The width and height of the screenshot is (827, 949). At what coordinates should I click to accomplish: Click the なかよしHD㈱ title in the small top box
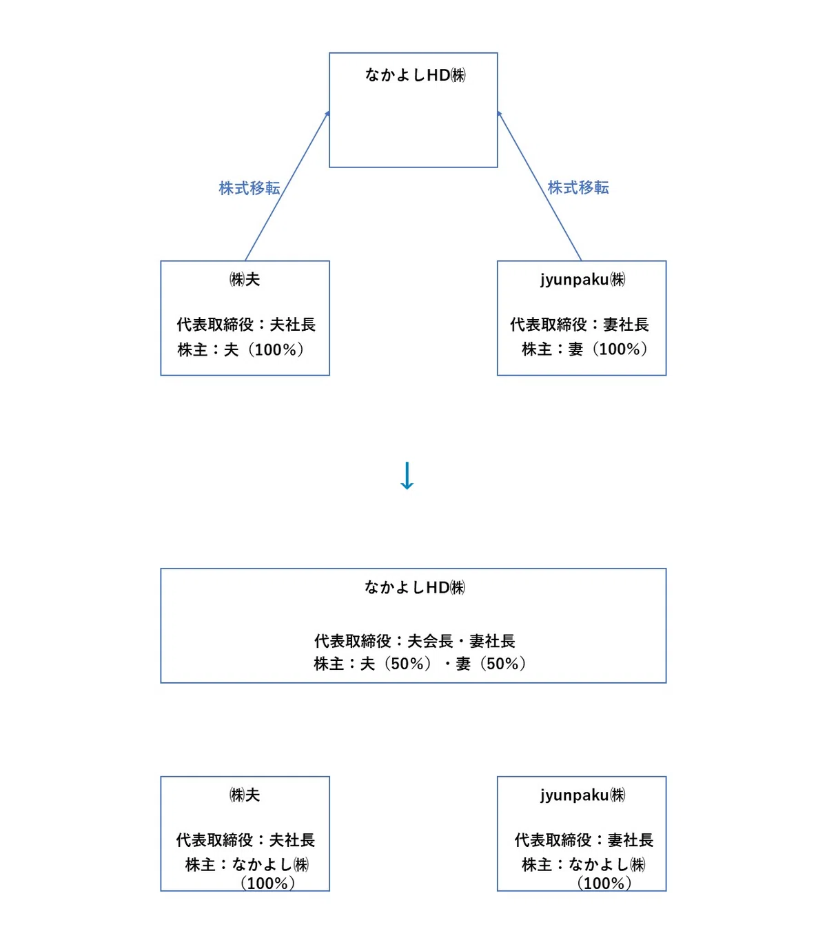point(415,74)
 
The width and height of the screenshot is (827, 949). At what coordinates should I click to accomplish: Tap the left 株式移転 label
point(249,188)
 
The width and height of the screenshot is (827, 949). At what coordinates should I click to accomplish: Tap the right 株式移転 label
point(578,187)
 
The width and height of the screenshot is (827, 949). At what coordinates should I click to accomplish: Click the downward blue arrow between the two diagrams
point(407,476)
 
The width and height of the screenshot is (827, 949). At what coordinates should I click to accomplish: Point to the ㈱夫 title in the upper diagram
point(245,279)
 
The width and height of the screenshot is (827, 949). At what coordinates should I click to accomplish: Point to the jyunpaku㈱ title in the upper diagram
point(582,280)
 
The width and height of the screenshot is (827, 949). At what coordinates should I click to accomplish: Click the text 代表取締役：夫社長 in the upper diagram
point(246,324)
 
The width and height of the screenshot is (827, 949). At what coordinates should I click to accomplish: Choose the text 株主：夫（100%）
point(241,349)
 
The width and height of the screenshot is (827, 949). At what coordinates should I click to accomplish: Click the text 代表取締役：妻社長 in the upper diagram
point(580,324)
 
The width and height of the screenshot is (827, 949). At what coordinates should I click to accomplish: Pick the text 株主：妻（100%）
point(584,349)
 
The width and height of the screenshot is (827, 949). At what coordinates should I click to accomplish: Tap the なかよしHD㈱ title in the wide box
point(415,587)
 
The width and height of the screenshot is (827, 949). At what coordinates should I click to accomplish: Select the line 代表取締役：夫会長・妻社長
point(415,641)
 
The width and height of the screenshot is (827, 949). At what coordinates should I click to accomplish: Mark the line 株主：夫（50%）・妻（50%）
point(420,664)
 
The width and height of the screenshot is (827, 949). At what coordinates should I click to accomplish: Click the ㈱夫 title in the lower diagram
point(245,795)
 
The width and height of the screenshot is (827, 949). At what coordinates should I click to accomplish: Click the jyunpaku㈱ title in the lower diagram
point(582,795)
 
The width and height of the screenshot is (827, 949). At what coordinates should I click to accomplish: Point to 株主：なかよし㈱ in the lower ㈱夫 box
point(247,865)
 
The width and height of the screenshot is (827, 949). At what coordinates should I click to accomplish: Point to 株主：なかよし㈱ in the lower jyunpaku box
point(584,865)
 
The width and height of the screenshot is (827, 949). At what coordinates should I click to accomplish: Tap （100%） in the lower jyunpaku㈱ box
point(604,883)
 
